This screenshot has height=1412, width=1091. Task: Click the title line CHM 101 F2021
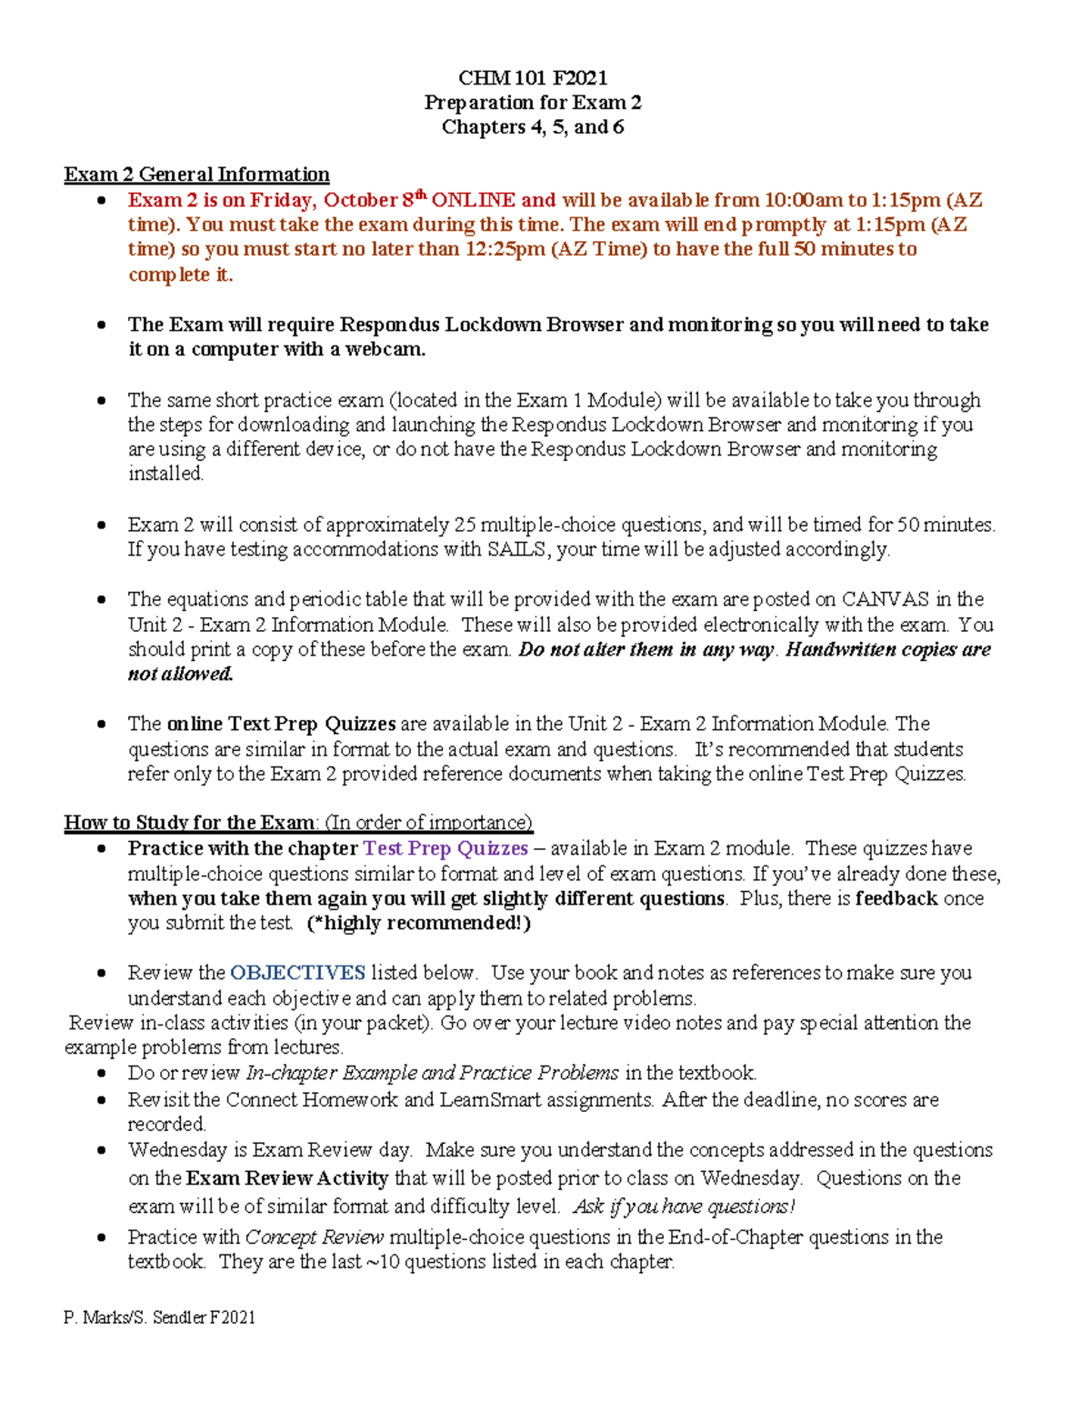533,77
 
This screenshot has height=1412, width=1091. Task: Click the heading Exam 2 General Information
196,175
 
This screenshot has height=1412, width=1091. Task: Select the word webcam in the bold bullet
384,349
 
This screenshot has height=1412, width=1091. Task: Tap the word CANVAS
885,599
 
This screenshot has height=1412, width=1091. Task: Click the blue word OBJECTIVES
297,973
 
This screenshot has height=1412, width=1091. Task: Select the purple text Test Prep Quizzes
445,848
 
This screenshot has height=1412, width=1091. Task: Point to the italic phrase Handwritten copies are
887,649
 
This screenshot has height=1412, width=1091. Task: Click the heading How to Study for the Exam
190,823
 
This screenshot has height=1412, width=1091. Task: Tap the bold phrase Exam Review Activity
286,1178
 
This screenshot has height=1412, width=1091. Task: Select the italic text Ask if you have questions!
684,1207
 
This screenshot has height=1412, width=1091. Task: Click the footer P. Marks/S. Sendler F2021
160,1317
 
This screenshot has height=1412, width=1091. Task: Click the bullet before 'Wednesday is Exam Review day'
103,1150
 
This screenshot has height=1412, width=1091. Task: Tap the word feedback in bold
896,898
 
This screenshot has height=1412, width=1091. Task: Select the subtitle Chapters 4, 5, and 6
533,127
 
